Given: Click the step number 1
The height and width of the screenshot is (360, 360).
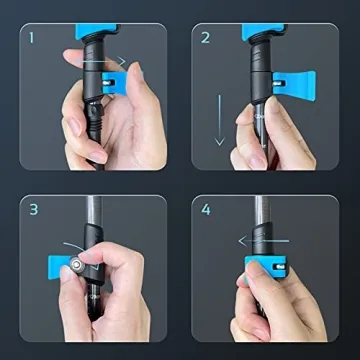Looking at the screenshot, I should coord(32,41).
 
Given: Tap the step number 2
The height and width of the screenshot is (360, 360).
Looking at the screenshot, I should coord(205,41).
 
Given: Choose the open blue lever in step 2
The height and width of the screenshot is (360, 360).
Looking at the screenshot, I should coord(300,79).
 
